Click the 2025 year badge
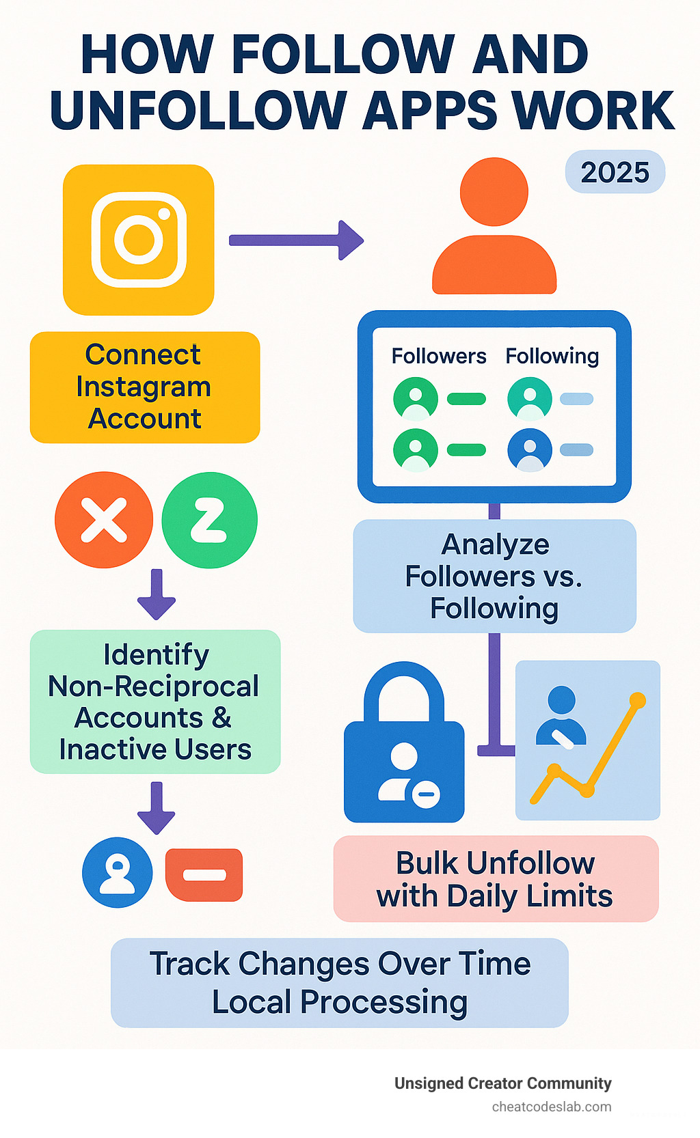615,171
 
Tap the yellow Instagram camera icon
139,239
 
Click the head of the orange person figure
494,191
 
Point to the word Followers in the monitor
438,356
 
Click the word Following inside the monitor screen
552,356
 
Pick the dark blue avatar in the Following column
529,450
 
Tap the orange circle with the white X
104,520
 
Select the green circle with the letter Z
209,520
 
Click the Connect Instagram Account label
144,387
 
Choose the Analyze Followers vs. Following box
494,576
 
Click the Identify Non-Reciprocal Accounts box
155,702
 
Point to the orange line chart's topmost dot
637,700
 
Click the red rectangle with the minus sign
204,875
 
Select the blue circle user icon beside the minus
117,872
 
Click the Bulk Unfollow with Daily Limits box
495,879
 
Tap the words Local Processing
339,1002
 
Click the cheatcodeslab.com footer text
551,1107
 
